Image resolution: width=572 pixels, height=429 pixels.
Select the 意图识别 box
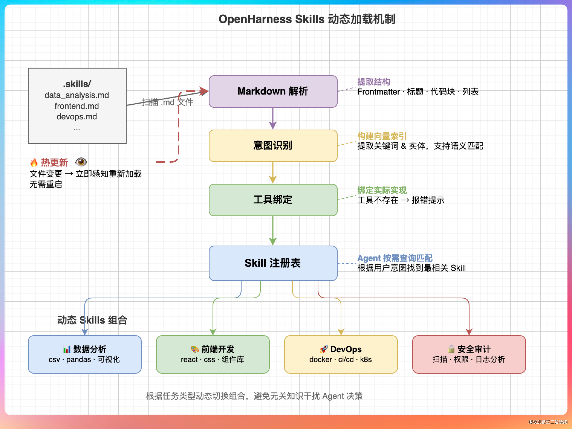click(273, 146)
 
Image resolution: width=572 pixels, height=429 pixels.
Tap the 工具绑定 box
click(273, 200)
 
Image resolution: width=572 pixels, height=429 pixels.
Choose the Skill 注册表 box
click(273, 263)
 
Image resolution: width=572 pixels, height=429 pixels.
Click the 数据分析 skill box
click(85, 354)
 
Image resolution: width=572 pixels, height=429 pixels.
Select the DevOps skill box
click(341, 354)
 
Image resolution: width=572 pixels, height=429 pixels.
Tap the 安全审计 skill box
click(469, 354)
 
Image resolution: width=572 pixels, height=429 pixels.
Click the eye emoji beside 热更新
click(81, 162)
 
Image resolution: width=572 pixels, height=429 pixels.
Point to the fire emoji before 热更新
click(34, 163)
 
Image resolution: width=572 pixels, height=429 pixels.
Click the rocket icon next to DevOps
click(323, 349)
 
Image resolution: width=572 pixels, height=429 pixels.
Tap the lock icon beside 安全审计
click(451, 349)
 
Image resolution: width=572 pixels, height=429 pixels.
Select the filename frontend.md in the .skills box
click(77, 106)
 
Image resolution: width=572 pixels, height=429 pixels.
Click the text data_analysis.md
click(77, 95)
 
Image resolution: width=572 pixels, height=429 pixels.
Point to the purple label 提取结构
click(373, 82)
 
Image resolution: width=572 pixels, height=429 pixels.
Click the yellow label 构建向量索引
click(382, 136)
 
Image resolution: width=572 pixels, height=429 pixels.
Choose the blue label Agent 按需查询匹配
click(395, 258)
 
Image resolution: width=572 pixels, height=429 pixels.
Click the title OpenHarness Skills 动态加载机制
click(307, 19)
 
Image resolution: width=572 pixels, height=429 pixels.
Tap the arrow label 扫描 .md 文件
click(167, 102)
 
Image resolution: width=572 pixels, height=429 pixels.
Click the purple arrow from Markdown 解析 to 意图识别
click(273, 118)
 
